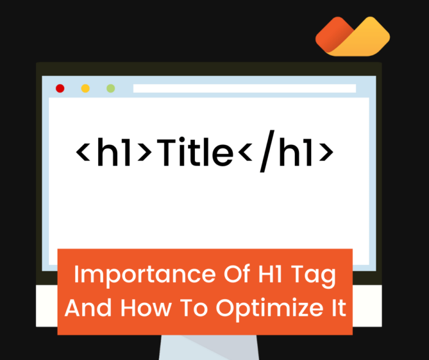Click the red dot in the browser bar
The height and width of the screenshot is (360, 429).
tap(60, 88)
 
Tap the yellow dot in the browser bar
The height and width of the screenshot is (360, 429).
tap(85, 88)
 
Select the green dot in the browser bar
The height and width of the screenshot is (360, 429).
tap(110, 88)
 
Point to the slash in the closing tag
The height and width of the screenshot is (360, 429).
tap(265, 153)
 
